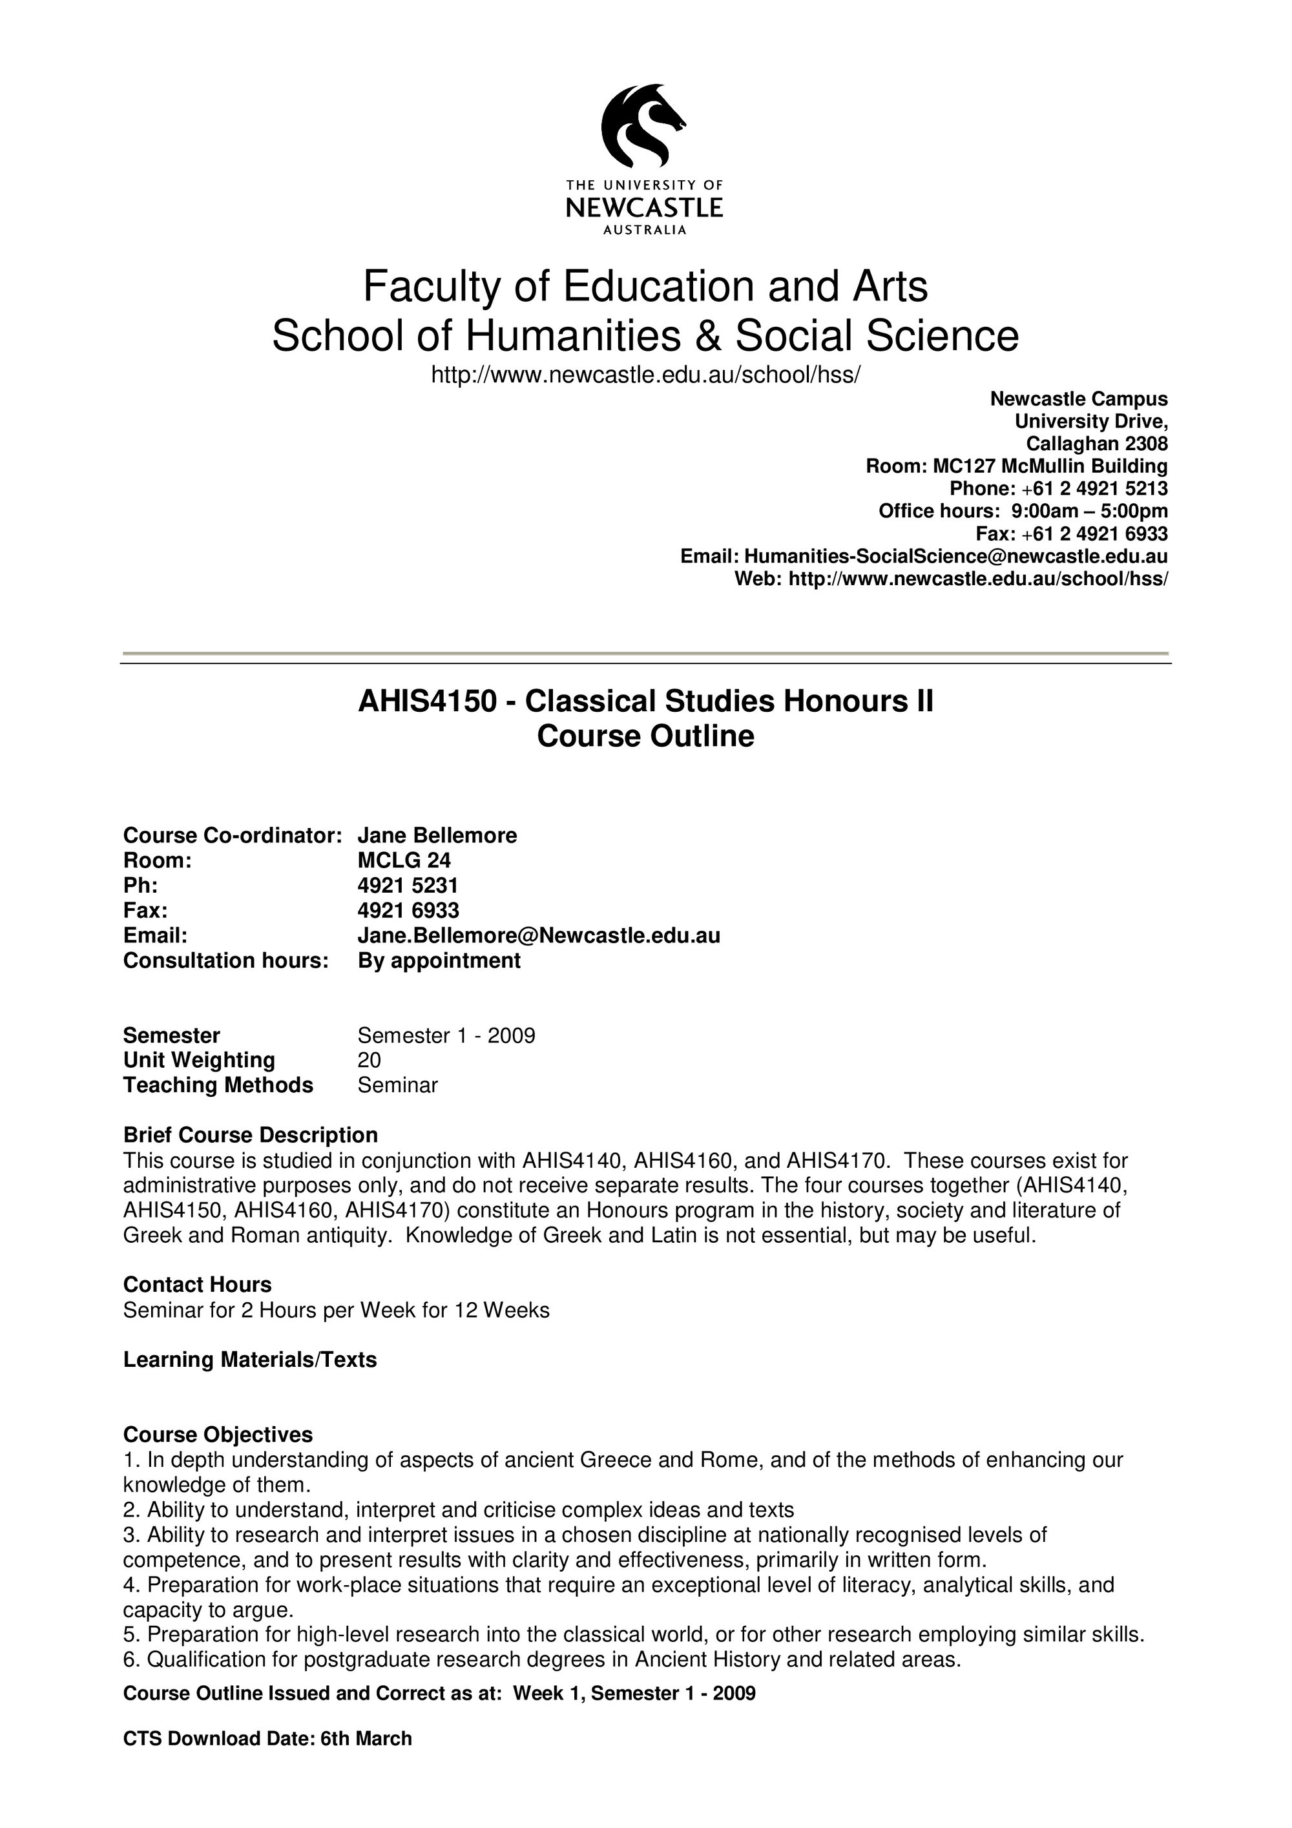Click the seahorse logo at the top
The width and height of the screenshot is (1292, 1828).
click(x=643, y=123)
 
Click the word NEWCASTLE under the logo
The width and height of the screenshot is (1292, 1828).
click(x=644, y=209)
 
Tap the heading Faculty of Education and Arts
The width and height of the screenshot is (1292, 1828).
click(x=645, y=287)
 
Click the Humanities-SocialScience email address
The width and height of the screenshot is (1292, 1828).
click(x=955, y=556)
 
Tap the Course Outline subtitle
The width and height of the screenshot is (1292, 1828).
click(x=645, y=736)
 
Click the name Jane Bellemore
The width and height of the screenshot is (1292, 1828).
click(x=437, y=835)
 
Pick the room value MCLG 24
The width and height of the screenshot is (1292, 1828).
click(x=404, y=860)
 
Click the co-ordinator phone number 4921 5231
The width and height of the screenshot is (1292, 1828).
click(x=408, y=886)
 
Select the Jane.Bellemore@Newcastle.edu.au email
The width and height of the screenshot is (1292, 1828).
click(x=538, y=935)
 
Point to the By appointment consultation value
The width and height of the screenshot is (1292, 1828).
click(x=439, y=960)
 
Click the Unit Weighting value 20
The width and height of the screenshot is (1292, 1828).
click(x=370, y=1060)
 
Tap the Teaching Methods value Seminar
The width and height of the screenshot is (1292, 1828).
click(x=397, y=1085)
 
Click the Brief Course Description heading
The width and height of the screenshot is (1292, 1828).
click(x=250, y=1134)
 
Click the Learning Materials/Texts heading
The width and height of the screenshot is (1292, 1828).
click(x=249, y=1359)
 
